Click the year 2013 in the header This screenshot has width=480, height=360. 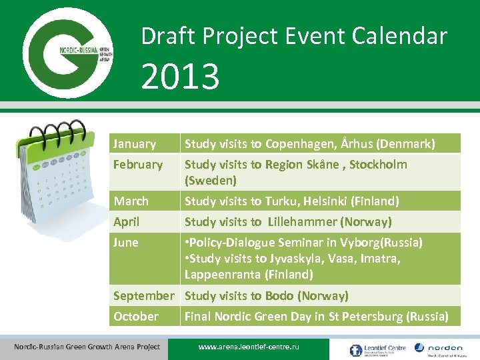tap(180, 76)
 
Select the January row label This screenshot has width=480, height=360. tap(135, 144)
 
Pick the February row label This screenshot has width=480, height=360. tap(138, 165)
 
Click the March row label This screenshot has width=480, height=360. tap(131, 201)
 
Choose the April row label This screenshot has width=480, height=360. tap(127, 222)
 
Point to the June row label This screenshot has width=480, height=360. tap(126, 243)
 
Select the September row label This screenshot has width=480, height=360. tap(143, 296)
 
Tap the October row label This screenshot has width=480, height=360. tap(136, 317)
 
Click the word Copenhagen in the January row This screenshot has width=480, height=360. tap(300, 144)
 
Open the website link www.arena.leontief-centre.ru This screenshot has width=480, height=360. tap(249, 347)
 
